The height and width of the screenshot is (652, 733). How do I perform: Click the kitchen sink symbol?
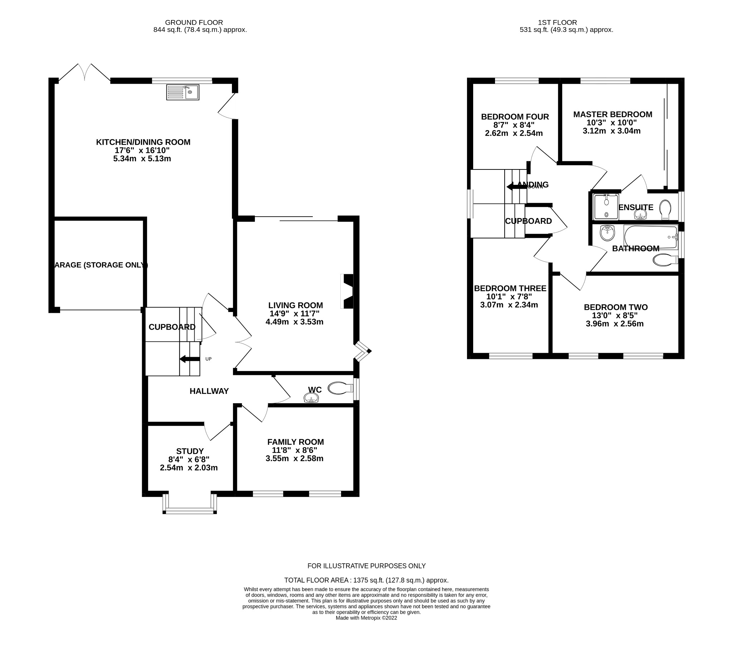pos(183,92)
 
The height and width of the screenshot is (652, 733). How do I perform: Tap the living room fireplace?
pos(348,291)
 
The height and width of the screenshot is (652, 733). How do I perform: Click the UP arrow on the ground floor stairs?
pos(190,359)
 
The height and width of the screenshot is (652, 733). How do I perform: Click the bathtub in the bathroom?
pos(650,237)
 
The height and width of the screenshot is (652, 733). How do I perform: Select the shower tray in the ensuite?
pos(606,207)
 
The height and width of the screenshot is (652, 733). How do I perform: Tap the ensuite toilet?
pos(665,209)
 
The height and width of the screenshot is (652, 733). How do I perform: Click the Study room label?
pos(190,451)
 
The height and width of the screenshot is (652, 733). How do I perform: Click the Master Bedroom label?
pos(612,114)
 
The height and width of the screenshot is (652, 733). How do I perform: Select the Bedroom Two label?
pos(615,307)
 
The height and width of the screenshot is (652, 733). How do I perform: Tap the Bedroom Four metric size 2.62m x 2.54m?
pos(514,133)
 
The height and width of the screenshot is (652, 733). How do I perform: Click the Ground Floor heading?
pos(194,23)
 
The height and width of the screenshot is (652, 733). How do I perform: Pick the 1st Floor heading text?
pos(557,23)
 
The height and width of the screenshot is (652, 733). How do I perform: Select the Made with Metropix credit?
pos(366,618)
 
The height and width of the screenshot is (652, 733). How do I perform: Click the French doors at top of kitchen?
pos(84,73)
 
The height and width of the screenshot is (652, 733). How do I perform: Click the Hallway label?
pos(209,391)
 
